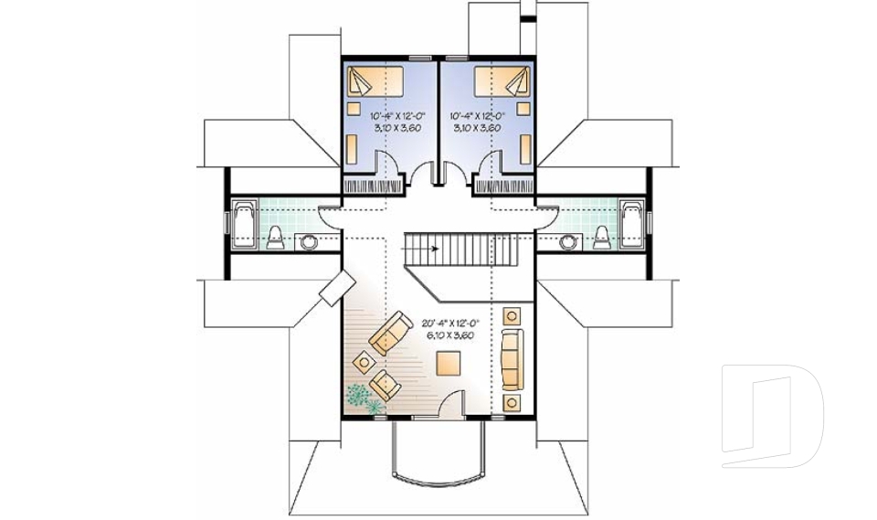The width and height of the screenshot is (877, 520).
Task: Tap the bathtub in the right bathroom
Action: pyautogui.click(x=631, y=222)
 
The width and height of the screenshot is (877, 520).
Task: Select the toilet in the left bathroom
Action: pyautogui.click(x=277, y=239)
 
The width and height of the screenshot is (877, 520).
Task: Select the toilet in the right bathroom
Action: pyautogui.click(x=601, y=239)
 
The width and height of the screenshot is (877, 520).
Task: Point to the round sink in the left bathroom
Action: pyautogui.click(x=310, y=242)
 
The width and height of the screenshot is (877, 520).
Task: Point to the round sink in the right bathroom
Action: pyautogui.click(x=568, y=242)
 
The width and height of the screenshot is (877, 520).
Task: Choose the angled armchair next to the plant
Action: pyautogui.click(x=386, y=385)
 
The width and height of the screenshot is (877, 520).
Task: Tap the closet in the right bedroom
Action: pyautogui.click(x=503, y=186)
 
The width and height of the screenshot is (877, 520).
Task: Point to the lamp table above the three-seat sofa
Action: pyautogui.click(x=512, y=316)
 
